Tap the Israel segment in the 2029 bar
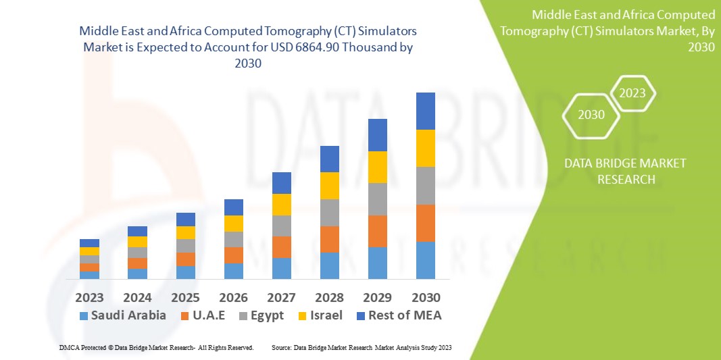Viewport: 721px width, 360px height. pyautogui.click(x=377, y=167)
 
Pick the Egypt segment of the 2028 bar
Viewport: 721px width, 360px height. pyautogui.click(x=329, y=212)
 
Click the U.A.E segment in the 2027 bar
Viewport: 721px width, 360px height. pyautogui.click(x=281, y=247)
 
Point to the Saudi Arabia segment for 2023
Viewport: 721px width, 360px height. pyautogui.click(x=89, y=275)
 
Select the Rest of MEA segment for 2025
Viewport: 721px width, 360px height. pyautogui.click(x=185, y=219)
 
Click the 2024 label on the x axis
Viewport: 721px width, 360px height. pyautogui.click(x=137, y=297)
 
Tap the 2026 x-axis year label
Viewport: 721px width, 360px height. pyautogui.click(x=233, y=297)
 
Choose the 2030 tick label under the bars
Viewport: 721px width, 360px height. pyautogui.click(x=425, y=297)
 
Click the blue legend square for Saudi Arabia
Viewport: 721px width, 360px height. pyautogui.click(x=84, y=315)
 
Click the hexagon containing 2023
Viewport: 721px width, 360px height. pyautogui.click(x=632, y=93)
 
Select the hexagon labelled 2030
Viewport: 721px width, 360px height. pyautogui.click(x=591, y=115)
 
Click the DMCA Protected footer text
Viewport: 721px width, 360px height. pyautogui.click(x=156, y=347)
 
